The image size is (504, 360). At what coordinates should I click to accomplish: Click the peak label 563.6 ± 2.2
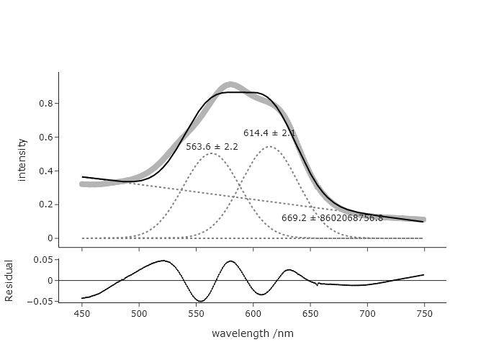click(212, 147)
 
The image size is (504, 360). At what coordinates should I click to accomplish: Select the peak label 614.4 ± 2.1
click(269, 133)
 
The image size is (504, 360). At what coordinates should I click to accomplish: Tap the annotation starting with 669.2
click(332, 217)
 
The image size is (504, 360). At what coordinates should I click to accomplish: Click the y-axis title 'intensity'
click(22, 159)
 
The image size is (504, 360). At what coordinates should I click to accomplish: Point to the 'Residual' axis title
click(9, 280)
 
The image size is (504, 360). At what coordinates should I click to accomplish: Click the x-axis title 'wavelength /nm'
click(253, 333)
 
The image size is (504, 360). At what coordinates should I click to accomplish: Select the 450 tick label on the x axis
click(82, 314)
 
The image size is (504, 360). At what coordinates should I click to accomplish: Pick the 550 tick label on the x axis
click(196, 314)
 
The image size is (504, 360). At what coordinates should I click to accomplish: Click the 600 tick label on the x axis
click(253, 314)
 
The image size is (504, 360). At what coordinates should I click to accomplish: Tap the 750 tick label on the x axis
click(424, 314)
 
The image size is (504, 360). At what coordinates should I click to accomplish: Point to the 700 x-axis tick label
click(367, 314)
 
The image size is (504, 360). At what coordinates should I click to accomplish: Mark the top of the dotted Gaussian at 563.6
click(211, 153)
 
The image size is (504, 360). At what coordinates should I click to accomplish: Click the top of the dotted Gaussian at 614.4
click(269, 147)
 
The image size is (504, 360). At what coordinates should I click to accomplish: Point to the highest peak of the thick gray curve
click(230, 85)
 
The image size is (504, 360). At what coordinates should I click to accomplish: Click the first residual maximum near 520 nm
click(163, 261)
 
